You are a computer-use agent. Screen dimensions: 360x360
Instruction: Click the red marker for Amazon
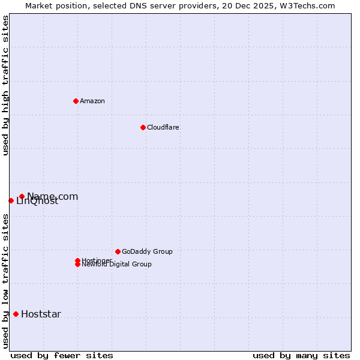tap(76, 101)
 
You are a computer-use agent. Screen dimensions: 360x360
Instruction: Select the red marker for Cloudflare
tap(143, 127)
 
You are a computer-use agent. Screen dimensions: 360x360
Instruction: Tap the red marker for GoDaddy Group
tap(118, 251)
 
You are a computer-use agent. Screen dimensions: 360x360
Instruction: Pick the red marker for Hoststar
tap(16, 314)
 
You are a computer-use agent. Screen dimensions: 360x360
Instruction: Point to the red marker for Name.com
tap(22, 196)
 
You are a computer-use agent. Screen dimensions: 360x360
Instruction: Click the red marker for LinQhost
tap(11, 200)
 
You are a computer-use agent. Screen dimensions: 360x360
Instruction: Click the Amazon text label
tap(92, 101)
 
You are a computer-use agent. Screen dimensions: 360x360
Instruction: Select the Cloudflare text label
tap(163, 127)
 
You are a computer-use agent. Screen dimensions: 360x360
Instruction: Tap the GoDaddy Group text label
tap(147, 251)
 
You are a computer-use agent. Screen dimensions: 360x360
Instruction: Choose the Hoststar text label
tap(41, 314)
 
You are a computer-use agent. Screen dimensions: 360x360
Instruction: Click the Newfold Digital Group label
tap(116, 265)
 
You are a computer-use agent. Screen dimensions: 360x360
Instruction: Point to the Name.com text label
tap(53, 196)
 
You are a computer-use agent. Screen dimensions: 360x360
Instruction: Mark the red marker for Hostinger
tap(77, 260)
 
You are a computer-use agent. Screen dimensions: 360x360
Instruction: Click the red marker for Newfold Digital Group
tap(77, 264)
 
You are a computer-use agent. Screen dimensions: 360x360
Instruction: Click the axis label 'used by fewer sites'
tap(62, 355)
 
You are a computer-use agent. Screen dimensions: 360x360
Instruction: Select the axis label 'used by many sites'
tap(301, 355)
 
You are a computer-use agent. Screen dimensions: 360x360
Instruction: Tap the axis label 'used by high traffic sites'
tap(5, 85)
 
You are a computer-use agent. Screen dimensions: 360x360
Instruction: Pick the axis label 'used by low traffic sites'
tap(5, 281)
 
